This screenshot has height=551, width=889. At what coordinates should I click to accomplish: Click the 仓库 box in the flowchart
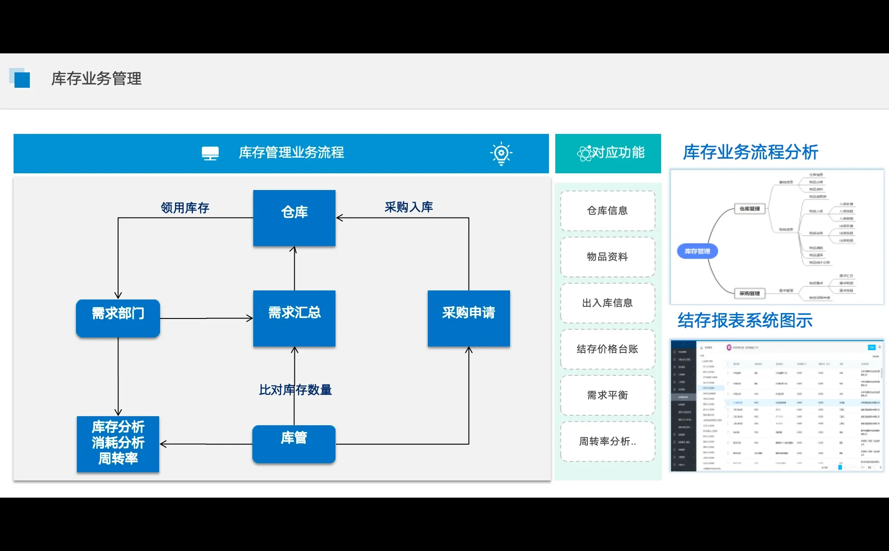pos(294,218)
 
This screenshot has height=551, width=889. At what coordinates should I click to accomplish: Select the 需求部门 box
pos(118,318)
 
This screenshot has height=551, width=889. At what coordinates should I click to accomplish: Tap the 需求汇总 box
pos(294,318)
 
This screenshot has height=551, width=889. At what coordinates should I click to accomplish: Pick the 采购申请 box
pos(468,318)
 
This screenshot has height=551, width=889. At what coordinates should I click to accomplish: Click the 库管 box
pos(294,443)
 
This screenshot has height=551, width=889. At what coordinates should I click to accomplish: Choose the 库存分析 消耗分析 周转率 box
pos(118,443)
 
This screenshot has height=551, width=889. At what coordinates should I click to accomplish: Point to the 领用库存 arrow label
pos(185,208)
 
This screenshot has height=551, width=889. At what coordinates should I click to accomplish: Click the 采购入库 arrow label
pos(409,207)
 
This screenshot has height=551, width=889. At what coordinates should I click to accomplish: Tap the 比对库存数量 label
pos(295,389)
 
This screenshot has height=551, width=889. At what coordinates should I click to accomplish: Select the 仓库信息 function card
pos(607,211)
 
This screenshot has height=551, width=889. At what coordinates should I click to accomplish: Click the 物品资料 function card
pos(607,257)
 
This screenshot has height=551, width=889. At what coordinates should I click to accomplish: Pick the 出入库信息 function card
pos(607,303)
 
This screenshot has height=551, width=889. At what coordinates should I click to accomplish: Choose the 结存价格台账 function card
pos(607,349)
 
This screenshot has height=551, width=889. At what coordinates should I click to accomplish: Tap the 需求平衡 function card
pos(607,395)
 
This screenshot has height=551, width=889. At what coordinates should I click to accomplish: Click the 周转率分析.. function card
pos(607,442)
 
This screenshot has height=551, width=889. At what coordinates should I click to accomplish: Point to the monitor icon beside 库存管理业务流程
pos(210,153)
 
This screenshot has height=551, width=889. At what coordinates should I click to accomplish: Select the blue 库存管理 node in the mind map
pos(697,251)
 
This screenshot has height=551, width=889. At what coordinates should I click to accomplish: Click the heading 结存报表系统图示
pos(745,320)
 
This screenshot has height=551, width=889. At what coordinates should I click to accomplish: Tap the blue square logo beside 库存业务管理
pos(20,79)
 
